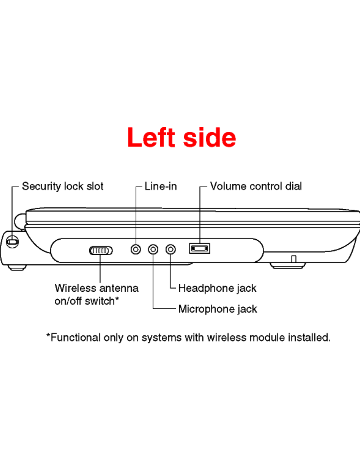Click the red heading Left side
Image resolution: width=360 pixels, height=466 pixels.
pos(182,138)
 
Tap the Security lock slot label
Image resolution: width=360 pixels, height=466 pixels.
pos(63,186)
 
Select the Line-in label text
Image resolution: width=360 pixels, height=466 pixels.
pos(161,186)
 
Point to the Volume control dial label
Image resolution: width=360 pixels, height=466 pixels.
pos(256,186)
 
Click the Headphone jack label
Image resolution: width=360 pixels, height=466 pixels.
pos(217,288)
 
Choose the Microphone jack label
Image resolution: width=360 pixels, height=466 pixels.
pos(217,309)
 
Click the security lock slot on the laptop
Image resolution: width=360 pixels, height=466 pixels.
pos(13,242)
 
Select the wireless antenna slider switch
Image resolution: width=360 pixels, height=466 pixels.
pos(101,251)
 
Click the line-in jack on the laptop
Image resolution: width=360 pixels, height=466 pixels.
pos(135,250)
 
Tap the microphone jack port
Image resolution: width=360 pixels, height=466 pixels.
pos(153,250)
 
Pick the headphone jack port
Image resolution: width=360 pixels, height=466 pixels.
pos(170,250)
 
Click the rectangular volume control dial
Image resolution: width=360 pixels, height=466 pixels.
pos(200,249)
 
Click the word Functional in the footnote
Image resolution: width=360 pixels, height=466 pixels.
pos(76,338)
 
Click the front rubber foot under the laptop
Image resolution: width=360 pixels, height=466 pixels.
pos(288,266)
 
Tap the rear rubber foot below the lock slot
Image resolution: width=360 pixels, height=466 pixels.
pos(17,268)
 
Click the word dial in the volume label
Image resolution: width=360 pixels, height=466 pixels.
pos(293,186)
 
